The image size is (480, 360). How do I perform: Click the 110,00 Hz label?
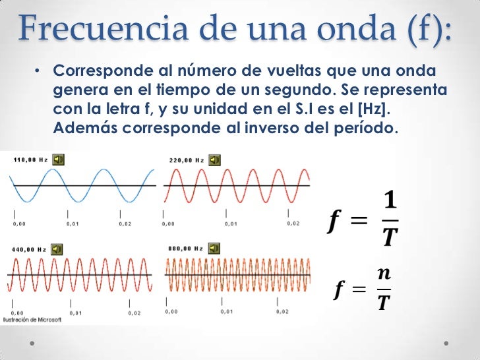(x=30, y=160)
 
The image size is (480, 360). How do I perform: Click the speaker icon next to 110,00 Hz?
(x=59, y=160)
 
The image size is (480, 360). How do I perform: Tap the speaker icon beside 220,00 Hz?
(x=214, y=160)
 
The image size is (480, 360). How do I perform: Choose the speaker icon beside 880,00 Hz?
(x=213, y=249)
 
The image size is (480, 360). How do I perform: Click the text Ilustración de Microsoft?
(x=33, y=320)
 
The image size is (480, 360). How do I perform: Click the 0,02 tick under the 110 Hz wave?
(x=125, y=224)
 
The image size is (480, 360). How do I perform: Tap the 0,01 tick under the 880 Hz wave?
(x=225, y=311)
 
